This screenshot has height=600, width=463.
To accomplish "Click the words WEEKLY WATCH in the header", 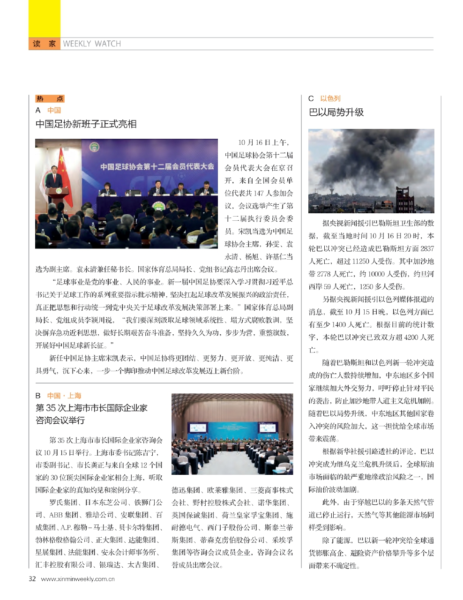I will tap(92, 44).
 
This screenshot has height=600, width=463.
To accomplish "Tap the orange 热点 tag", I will tap(50, 98).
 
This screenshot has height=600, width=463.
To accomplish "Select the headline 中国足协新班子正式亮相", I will tap(86, 124).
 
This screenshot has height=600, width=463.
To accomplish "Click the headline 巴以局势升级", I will tap(336, 112).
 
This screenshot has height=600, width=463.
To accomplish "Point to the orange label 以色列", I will tap(330, 98).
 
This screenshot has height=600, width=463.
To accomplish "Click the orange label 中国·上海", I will tap(64, 396).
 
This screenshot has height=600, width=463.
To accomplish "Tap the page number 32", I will tap(32, 578).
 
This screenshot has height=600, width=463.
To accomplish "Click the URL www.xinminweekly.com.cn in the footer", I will tap(78, 579).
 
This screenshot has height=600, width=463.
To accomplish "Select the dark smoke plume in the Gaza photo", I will tap(370, 159).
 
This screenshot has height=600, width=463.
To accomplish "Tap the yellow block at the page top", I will tap(45, 18).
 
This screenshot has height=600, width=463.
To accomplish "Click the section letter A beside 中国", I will tap(38, 110).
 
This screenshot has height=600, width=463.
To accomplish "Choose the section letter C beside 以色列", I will tap(311, 98).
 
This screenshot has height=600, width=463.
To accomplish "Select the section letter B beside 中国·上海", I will tap(38, 396).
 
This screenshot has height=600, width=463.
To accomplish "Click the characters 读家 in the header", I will tap(45, 44).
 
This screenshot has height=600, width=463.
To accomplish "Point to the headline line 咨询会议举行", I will tap(60, 420).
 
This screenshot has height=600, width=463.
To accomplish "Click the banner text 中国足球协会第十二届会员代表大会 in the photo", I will tap(157, 166).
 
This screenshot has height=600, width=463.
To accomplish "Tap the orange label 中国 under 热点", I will tap(54, 110).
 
